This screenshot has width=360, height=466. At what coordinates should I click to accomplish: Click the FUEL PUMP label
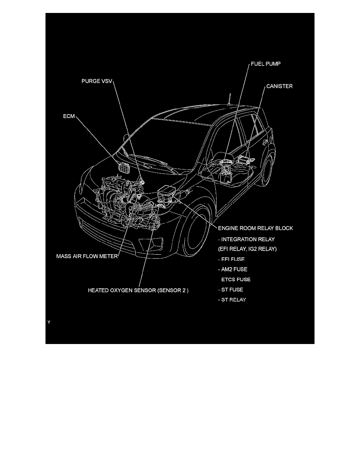266,64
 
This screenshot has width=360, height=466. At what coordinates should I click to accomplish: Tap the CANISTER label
279,86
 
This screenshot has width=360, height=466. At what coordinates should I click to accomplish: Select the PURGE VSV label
97,81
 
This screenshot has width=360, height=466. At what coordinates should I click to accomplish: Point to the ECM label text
69,116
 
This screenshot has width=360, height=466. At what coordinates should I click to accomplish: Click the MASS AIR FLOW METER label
87,257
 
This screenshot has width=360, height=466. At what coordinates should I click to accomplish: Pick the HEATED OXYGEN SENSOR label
138,291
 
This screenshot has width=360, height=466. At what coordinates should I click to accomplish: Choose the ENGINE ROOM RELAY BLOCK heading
255,228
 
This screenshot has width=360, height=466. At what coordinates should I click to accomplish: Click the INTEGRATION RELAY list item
246,239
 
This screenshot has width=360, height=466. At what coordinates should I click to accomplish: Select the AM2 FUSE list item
233,269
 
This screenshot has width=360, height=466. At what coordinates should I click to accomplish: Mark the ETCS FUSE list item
236,280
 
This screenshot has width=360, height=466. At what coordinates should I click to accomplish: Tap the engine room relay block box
167,193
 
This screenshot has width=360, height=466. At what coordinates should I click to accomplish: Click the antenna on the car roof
229,99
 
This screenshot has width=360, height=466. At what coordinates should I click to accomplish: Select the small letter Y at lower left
49,322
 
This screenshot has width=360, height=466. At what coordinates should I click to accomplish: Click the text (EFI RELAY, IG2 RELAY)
247,249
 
